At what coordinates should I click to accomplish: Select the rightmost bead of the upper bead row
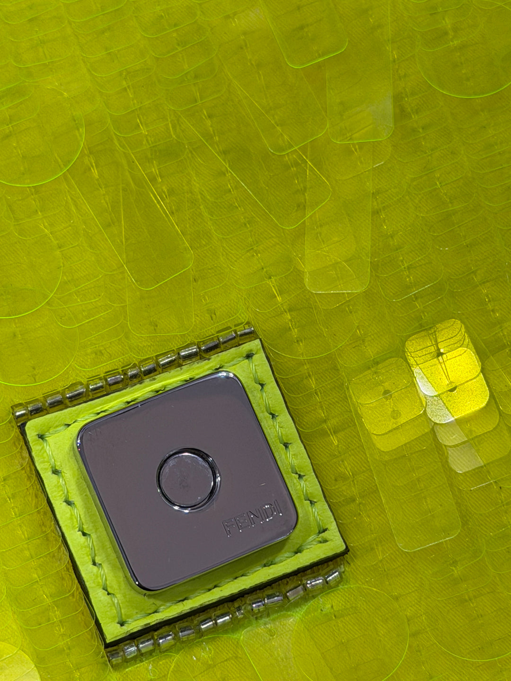pos(247,333)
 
